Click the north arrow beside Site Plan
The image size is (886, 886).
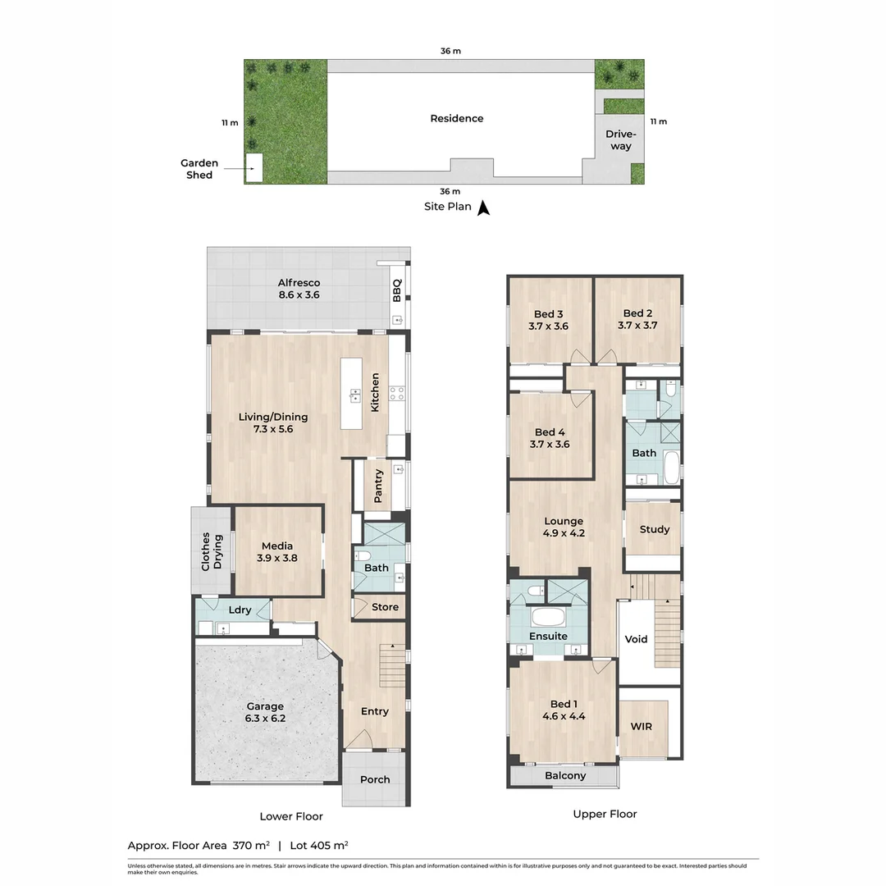click(x=484, y=208)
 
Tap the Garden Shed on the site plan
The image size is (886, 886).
click(x=253, y=168)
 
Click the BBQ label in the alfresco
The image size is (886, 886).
click(x=397, y=290)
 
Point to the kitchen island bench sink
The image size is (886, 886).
click(x=355, y=395)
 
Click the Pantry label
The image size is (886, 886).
click(x=378, y=486)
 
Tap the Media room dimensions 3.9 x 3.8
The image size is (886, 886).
click(x=278, y=558)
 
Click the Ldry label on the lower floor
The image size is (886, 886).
click(x=240, y=610)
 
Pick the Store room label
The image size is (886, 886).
click(x=385, y=607)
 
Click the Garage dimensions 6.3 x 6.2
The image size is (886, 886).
click(x=265, y=719)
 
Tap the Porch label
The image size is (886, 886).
click(x=375, y=779)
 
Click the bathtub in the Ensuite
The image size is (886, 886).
click(x=548, y=618)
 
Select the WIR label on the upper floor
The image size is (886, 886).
click(x=641, y=727)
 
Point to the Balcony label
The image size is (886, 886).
click(x=565, y=775)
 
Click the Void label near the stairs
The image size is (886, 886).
click(x=636, y=639)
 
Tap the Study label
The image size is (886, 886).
click(x=654, y=529)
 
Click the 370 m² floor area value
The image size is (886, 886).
click(x=251, y=845)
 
